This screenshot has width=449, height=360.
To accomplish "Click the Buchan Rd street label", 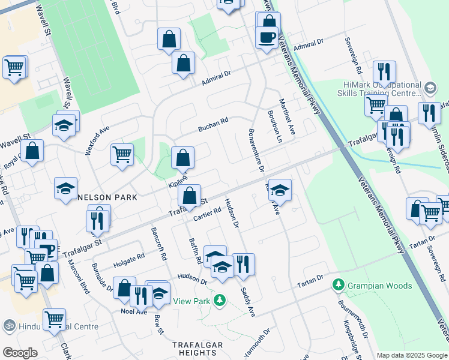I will click(x=213, y=124).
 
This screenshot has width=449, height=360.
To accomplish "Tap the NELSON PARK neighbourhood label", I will click(x=107, y=197).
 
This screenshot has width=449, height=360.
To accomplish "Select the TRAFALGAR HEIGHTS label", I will click(x=197, y=349).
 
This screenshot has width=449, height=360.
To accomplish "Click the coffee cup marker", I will click(x=266, y=37).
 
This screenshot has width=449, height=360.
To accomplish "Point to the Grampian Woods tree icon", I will click(x=340, y=284).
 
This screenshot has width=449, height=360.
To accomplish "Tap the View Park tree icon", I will click(x=220, y=299).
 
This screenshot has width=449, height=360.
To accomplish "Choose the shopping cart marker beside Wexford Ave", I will click(x=122, y=154).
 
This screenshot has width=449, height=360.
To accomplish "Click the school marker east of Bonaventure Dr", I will click(x=280, y=190).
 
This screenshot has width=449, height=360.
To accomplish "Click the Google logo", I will click(x=20, y=352).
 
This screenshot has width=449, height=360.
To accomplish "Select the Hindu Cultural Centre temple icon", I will click(x=9, y=326).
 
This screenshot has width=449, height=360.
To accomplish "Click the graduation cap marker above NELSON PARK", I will click(x=65, y=188).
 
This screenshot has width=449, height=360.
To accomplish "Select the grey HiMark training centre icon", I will click(x=430, y=88).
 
